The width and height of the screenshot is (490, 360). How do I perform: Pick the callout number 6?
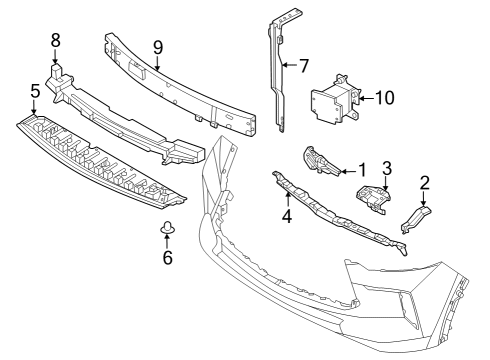[x=167, y=258]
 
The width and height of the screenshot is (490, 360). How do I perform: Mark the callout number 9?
[x=157, y=46]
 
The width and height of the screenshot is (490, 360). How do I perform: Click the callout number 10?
[x=384, y=98]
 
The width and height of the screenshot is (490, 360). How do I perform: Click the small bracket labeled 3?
[x=372, y=197]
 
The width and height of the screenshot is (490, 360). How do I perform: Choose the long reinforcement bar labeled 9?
[x=190, y=85]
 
